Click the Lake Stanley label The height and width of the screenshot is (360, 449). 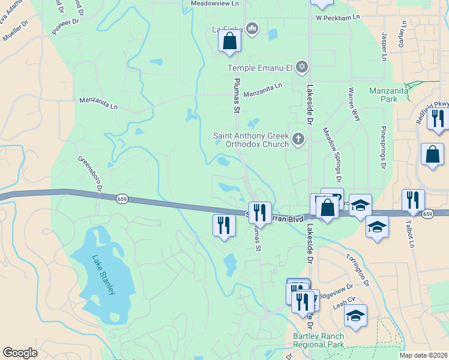coord(103,275)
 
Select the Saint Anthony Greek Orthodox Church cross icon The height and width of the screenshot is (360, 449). coord(298,140)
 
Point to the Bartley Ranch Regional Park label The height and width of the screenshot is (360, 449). coord(319,340)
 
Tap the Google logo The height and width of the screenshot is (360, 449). coord(20,353)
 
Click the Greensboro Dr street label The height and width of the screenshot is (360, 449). coord(90,175)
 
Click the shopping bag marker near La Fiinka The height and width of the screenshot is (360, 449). coord(229,41)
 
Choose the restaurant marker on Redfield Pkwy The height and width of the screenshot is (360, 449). coord(440,118)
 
